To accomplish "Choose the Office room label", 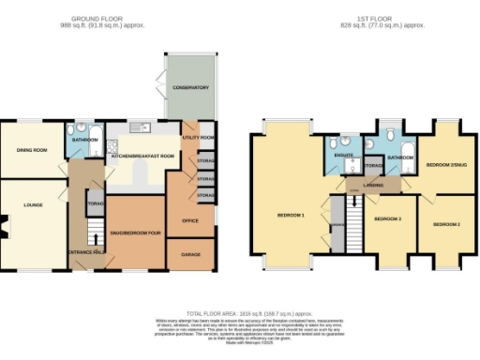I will (x=188, y=220).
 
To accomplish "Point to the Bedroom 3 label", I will (x=387, y=218).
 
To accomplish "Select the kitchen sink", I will (x=139, y=128).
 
